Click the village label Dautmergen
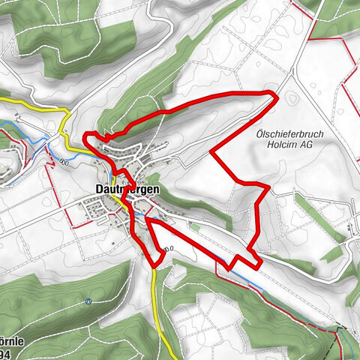coord(127,190)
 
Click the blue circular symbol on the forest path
coord(88,302)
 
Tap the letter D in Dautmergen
coord(100,190)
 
